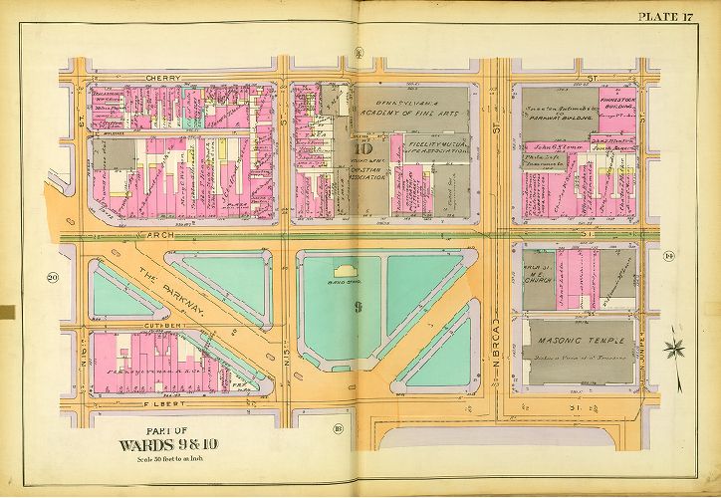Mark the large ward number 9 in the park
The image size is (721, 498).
(357, 307)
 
